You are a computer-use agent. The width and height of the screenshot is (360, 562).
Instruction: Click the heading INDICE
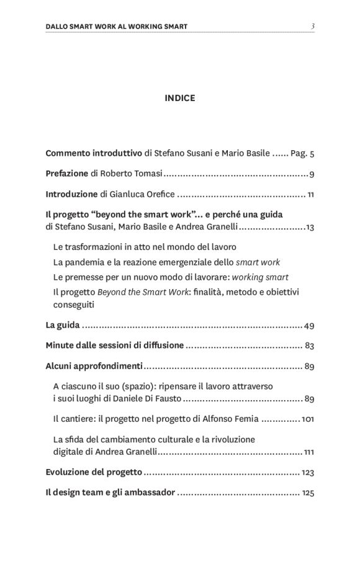(180, 97)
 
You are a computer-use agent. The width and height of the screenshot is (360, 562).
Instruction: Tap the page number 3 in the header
(313, 26)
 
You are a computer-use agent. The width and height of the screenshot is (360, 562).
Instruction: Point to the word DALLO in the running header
(60, 27)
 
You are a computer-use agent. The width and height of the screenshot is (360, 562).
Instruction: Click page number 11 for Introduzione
(310, 195)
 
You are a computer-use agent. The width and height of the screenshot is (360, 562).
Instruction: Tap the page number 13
(310, 227)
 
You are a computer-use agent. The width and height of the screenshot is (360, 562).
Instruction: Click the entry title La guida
(63, 325)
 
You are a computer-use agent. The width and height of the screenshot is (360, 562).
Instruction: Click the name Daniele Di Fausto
(145, 398)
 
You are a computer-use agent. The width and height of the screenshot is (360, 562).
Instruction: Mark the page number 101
(307, 419)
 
